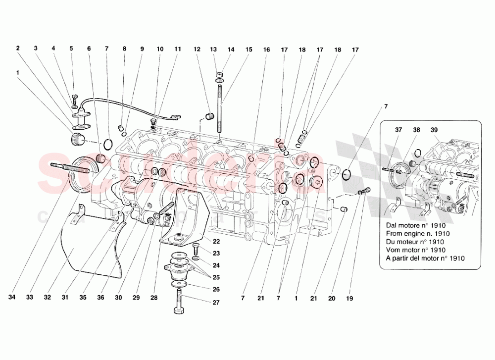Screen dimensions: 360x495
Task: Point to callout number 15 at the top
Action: coord(248,50)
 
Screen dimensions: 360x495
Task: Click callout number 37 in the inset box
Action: coord(398,130)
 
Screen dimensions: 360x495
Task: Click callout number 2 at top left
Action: coord(18,49)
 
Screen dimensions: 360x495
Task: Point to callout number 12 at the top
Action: coord(197,50)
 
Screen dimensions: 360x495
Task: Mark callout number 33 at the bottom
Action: coord(30,298)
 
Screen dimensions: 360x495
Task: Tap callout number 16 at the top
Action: coord(267,50)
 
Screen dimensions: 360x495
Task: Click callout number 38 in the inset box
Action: coord(417,130)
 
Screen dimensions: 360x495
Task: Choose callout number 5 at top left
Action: coord(71,49)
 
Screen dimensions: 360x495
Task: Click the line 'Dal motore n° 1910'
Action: coord(416,224)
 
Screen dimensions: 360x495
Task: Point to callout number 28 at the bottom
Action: coord(153,298)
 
